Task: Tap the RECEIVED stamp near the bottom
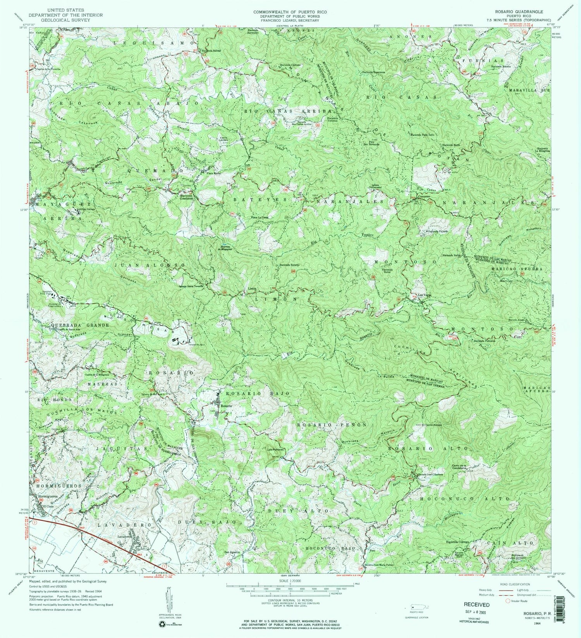[x=477, y=604]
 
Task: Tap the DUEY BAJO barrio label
[x=207, y=522]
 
